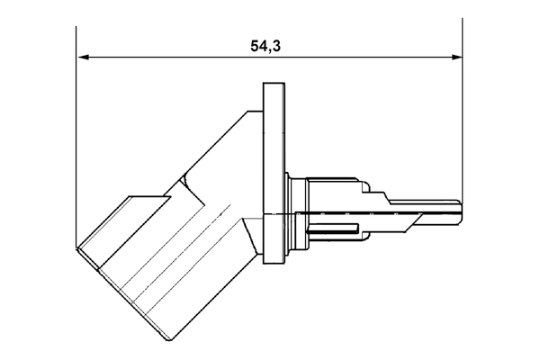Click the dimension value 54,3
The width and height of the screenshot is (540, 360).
tap(265, 46)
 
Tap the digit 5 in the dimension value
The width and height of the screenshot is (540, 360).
tap(255, 46)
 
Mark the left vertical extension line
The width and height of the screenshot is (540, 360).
tap(76, 135)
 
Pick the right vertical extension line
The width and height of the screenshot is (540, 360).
tap(462, 108)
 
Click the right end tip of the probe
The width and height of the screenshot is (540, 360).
tap(462, 208)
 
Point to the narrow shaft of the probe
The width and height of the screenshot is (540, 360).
tap(436, 207)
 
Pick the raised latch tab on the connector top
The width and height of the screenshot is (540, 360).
tap(148, 200)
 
